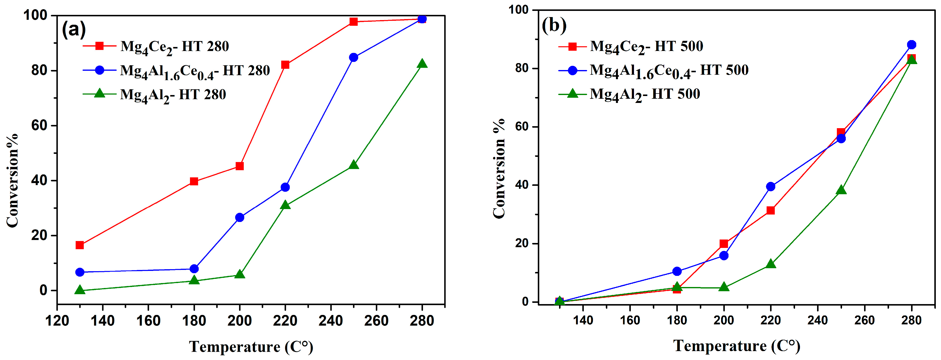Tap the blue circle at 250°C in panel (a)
point(353,57)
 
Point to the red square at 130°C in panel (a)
point(80,245)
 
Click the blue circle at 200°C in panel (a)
point(240,217)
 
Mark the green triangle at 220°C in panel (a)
point(285,205)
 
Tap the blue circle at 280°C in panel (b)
point(911,45)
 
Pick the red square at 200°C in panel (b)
point(724,243)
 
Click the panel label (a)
point(74,29)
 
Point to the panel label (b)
point(554,25)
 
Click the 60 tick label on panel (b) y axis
point(521,127)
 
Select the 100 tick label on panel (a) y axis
point(35,15)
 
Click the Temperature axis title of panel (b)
point(736,346)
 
